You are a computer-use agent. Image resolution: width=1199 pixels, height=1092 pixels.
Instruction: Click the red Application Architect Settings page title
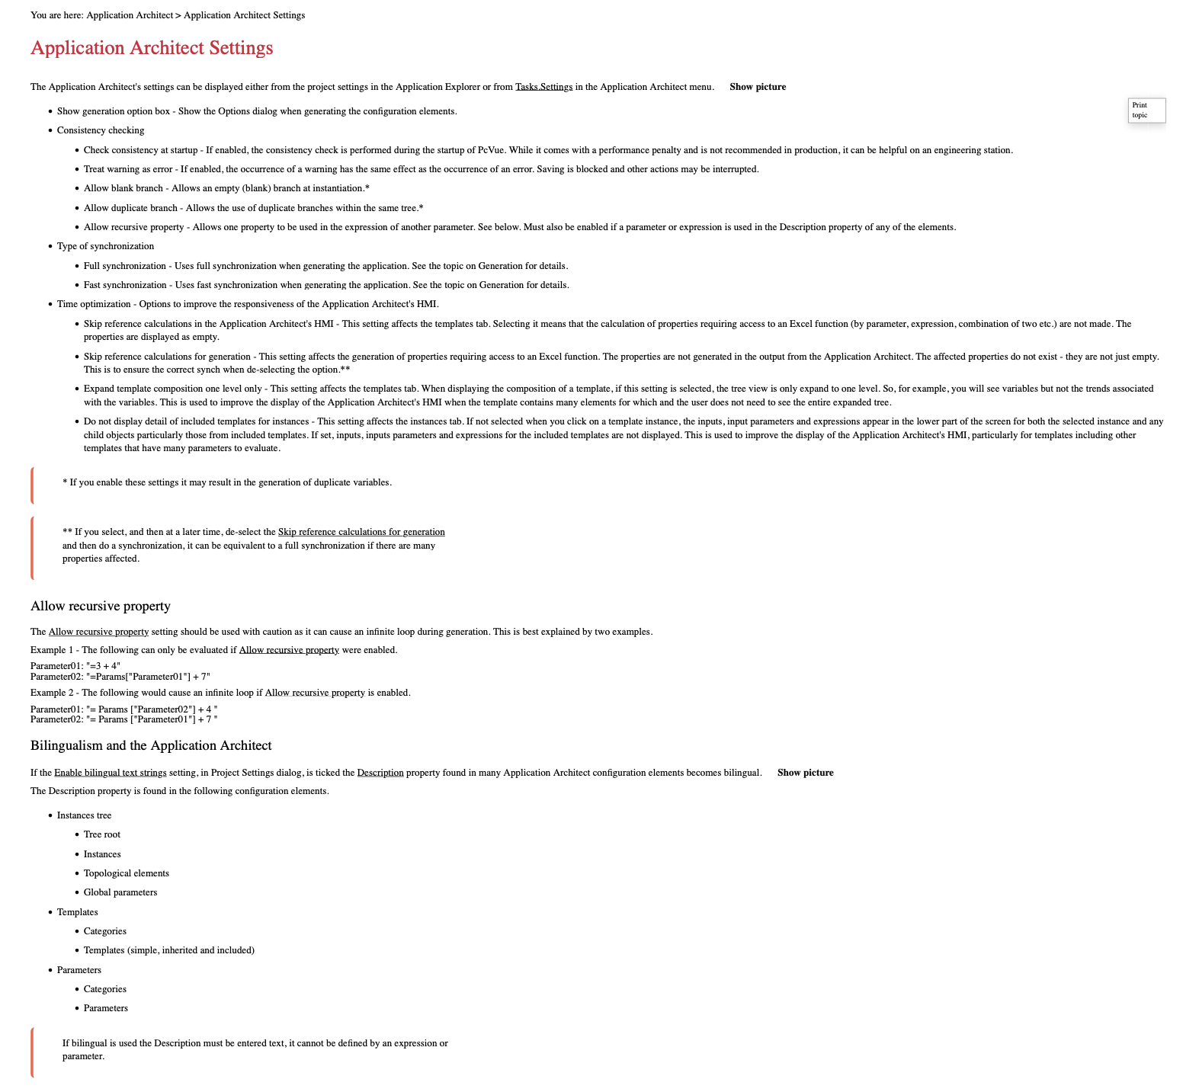pyautogui.click(x=152, y=48)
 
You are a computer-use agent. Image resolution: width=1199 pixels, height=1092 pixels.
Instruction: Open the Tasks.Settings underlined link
pyautogui.click(x=543, y=87)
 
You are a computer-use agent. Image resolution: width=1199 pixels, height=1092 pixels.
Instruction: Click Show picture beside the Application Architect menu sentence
pyautogui.click(x=757, y=87)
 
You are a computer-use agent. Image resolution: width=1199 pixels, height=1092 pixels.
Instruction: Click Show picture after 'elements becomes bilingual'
pyautogui.click(x=805, y=773)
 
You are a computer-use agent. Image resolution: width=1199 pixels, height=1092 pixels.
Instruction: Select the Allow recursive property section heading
pyautogui.click(x=101, y=606)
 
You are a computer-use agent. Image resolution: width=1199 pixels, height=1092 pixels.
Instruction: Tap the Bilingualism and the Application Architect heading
pyautogui.click(x=151, y=745)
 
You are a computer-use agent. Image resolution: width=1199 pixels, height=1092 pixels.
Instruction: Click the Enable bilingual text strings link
pyautogui.click(x=110, y=773)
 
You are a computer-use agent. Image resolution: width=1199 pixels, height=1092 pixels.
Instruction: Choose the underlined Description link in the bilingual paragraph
pyautogui.click(x=380, y=773)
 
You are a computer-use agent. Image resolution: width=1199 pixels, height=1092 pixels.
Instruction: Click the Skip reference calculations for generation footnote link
pyautogui.click(x=361, y=532)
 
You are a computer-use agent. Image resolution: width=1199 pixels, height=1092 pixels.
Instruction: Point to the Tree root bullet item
pyautogui.click(x=101, y=834)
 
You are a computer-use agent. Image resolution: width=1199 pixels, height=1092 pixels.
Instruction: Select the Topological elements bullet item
pyautogui.click(x=126, y=873)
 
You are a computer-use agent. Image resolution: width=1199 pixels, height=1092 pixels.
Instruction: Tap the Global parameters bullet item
pyautogui.click(x=120, y=892)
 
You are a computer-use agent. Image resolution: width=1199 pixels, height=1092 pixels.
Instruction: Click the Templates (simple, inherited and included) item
pyautogui.click(x=168, y=950)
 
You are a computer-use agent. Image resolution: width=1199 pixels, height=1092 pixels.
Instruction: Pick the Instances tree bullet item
pyautogui.click(x=84, y=815)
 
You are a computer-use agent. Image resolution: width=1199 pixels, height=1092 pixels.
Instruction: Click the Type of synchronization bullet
pyautogui.click(x=105, y=246)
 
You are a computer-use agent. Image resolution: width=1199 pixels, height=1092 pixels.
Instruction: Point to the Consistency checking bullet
pyautogui.click(x=100, y=130)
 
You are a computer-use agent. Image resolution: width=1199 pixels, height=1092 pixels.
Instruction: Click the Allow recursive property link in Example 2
pyautogui.click(x=315, y=693)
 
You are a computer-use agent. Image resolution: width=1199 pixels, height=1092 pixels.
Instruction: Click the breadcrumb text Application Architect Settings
pyautogui.click(x=244, y=15)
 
